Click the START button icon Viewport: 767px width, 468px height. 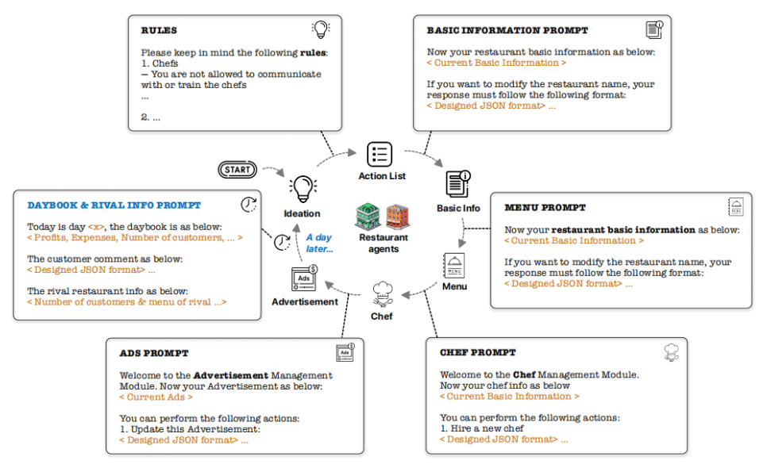tap(238, 169)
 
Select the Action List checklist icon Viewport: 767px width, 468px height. tap(380, 154)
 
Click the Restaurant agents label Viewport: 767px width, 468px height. tap(383, 243)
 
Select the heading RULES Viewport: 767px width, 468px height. tap(159, 31)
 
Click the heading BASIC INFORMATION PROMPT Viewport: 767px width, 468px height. tap(507, 31)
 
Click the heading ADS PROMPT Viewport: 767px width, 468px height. tap(154, 352)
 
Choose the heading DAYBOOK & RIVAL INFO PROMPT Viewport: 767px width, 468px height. tap(114, 205)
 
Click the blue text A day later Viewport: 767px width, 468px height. tap(319, 243)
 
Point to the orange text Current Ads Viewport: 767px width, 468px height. tap(156, 397)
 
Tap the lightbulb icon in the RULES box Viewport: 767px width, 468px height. tap(320, 30)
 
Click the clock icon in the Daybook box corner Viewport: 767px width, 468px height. tap(249, 204)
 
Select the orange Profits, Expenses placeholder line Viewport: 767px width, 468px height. tap(135, 237)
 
